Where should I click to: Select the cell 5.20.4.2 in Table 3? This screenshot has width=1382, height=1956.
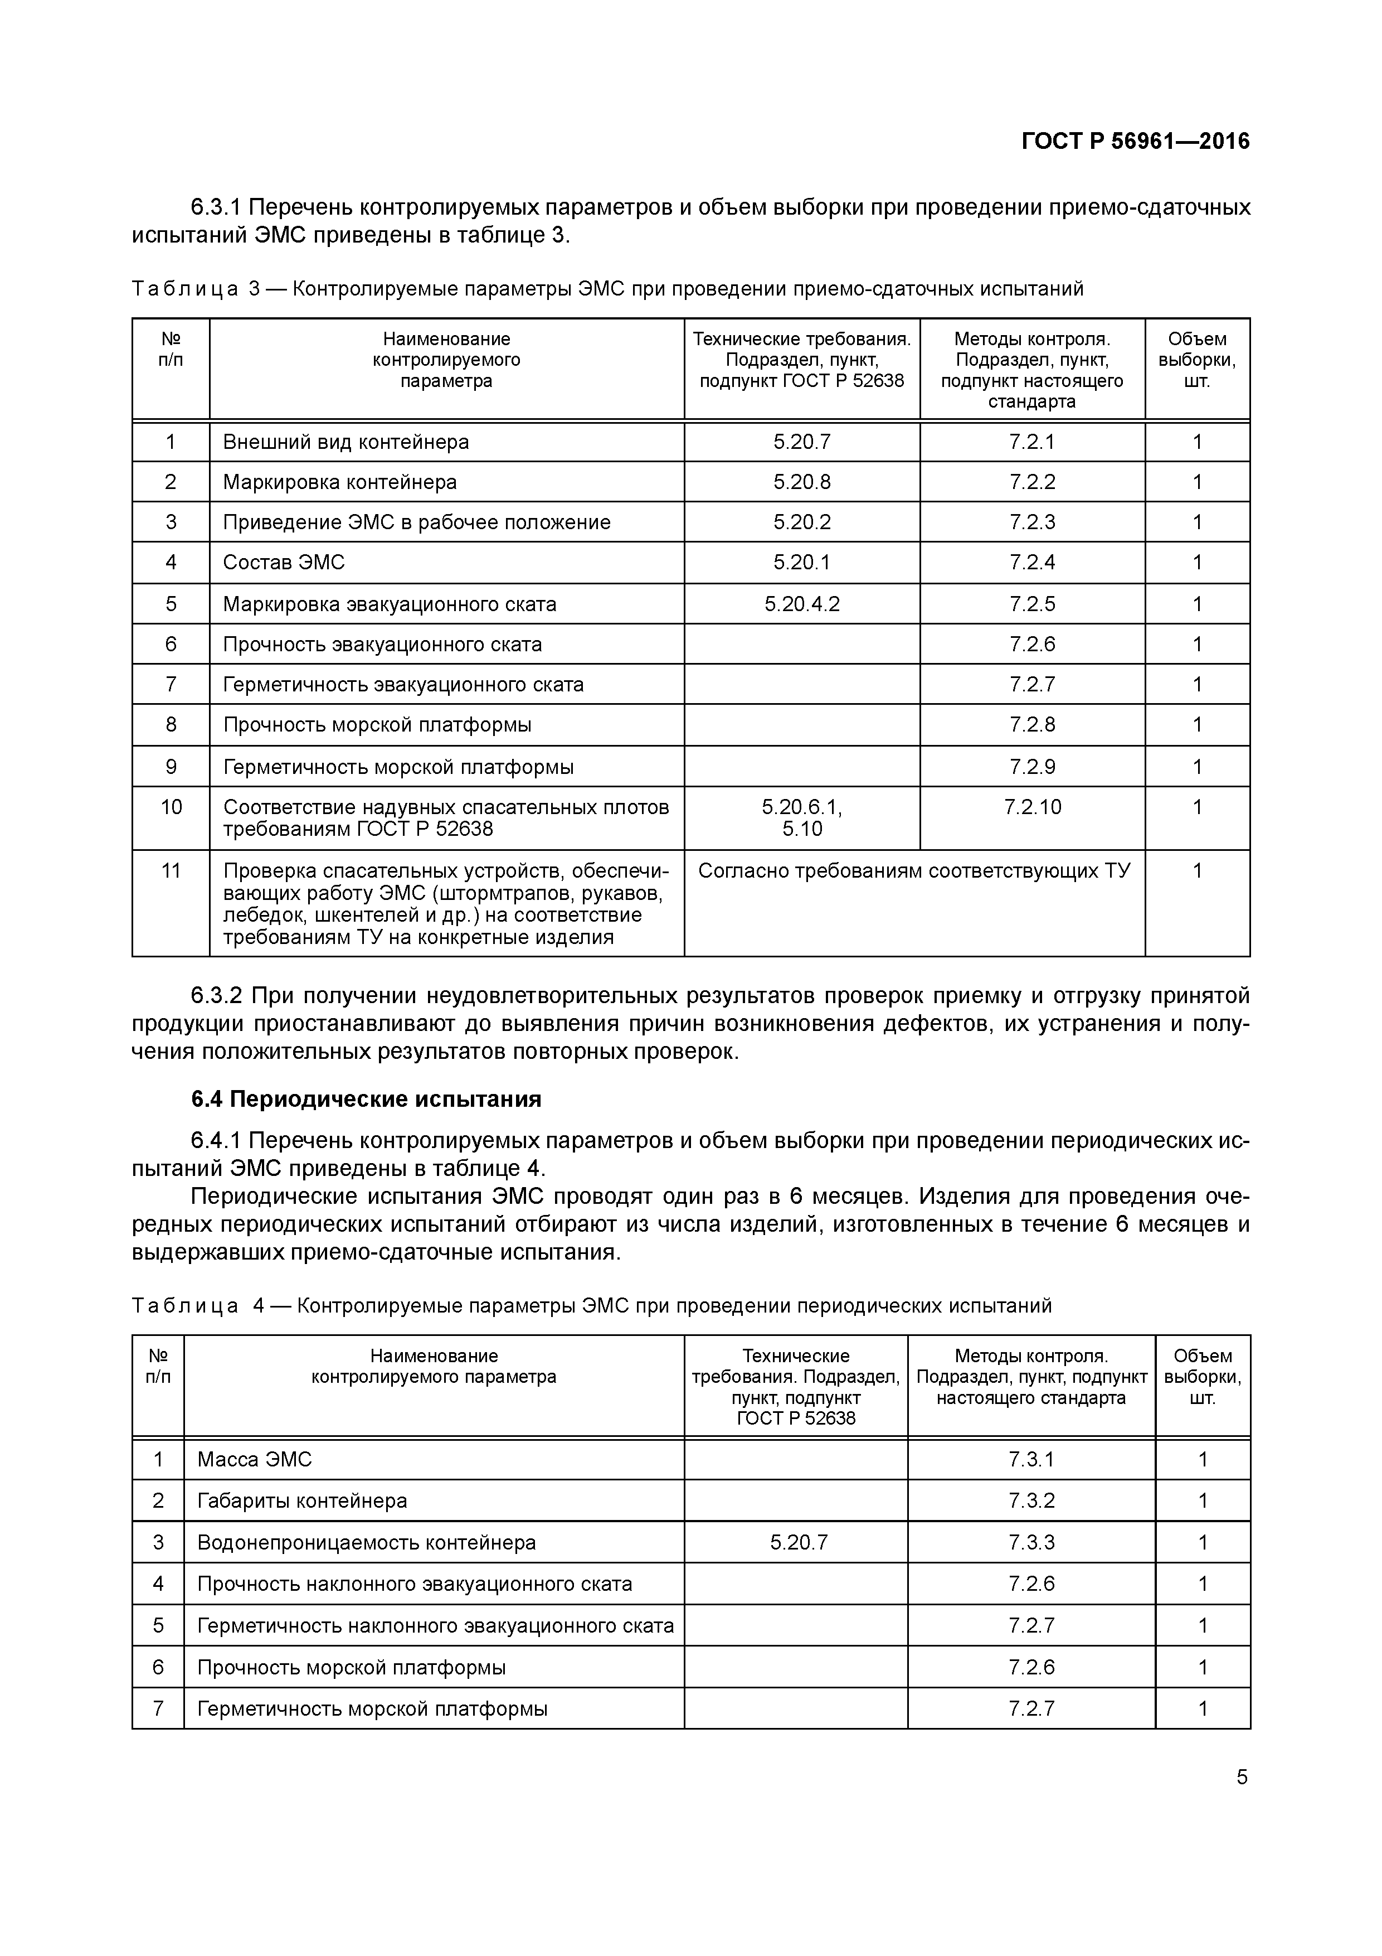[x=801, y=604]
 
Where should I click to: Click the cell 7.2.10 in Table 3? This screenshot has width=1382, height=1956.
[x=1032, y=807]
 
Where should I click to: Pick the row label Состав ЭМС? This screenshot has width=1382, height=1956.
[x=284, y=562]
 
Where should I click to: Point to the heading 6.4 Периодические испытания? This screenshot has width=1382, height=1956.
[x=366, y=1099]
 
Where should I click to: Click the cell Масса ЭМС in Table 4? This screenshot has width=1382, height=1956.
[x=255, y=1459]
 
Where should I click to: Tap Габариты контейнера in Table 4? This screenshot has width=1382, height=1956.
[x=302, y=1501]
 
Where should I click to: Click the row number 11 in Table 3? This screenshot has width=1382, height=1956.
[x=171, y=870]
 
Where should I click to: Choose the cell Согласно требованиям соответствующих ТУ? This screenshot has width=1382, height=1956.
[x=914, y=870]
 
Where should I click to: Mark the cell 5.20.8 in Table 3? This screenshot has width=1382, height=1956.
[x=801, y=482]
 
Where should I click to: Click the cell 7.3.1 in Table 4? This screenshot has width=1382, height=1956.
[x=1030, y=1459]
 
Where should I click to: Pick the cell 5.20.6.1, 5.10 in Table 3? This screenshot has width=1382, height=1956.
[x=801, y=818]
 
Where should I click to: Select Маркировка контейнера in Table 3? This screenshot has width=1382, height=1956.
[x=340, y=482]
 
